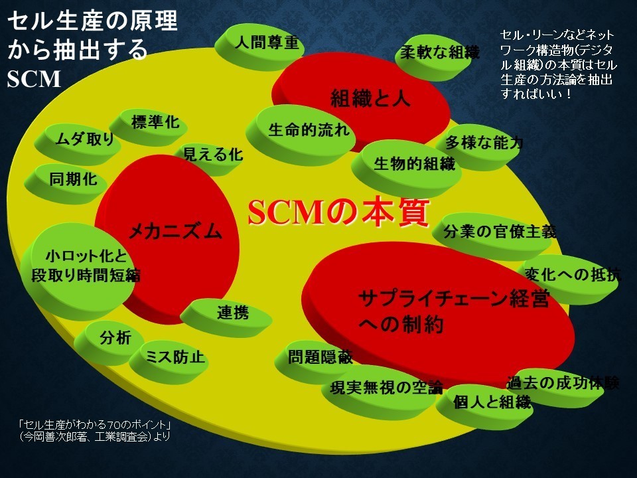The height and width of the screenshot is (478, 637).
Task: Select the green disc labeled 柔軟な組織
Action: [x=436, y=57]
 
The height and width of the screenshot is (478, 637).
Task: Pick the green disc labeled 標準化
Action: [x=149, y=126]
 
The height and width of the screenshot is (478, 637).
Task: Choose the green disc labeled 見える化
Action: [x=209, y=159]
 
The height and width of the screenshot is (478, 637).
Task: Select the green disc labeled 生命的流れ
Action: [x=301, y=134]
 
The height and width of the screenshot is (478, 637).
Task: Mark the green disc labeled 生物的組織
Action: [x=406, y=167]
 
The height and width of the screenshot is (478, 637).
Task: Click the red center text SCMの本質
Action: [x=339, y=212]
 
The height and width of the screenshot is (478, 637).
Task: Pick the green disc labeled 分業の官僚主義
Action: [x=492, y=236]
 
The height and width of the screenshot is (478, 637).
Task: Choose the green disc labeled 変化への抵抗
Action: [x=568, y=279]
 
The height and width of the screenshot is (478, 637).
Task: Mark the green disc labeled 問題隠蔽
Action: [x=315, y=362]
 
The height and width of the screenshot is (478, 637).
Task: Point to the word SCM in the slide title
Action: [x=34, y=79]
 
